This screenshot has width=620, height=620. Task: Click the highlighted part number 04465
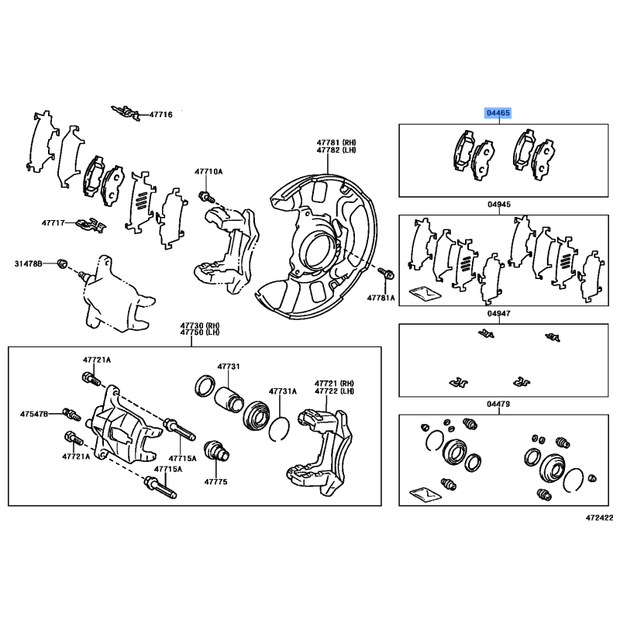[498, 113]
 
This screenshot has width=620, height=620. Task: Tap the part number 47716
[160, 114]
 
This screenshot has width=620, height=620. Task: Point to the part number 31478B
[28, 263]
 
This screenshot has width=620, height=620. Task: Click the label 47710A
[208, 171]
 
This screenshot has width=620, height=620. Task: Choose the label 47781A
[381, 297]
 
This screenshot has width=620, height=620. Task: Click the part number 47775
[215, 481]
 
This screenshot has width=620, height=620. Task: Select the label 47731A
[283, 391]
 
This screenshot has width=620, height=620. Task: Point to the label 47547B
[35, 415]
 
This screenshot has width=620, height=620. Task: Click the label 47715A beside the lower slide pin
[167, 469]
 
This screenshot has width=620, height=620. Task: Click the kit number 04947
[499, 315]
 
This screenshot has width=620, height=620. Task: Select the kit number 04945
[499, 205]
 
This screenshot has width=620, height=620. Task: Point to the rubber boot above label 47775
[213, 451]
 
